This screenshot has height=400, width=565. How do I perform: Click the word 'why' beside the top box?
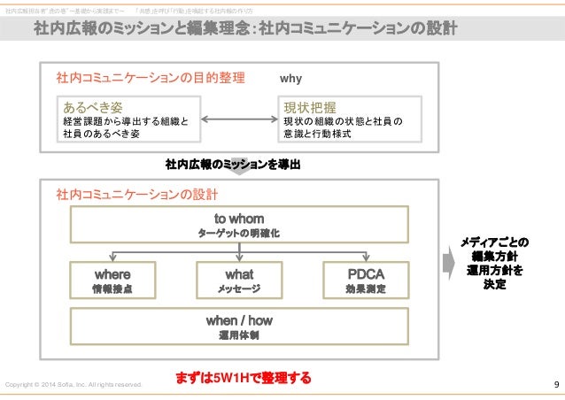[290, 79]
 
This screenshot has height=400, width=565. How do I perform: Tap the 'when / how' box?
[239, 327]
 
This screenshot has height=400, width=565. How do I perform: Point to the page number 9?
[555, 384]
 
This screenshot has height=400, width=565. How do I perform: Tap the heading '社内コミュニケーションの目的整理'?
[150, 79]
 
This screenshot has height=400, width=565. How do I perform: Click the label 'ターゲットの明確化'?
[239, 233]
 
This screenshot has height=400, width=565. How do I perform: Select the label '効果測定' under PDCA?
[366, 289]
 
